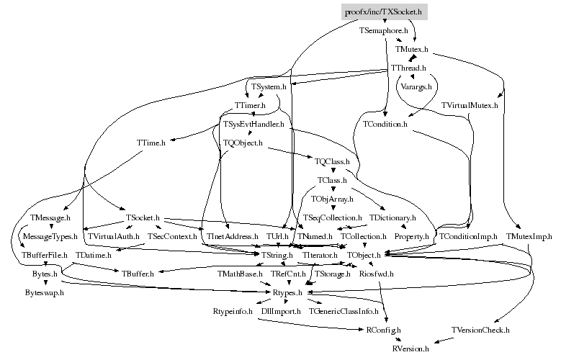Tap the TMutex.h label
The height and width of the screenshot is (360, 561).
(x=412, y=50)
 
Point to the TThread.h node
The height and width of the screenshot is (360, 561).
(x=408, y=68)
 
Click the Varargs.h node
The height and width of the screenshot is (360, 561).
(x=416, y=86)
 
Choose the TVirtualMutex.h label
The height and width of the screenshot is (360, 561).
(x=470, y=105)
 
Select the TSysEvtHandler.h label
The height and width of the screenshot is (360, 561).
(x=253, y=124)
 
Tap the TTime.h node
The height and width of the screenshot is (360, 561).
(x=151, y=143)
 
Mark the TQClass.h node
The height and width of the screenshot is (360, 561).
(x=332, y=161)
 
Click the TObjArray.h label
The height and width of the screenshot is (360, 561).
(x=332, y=199)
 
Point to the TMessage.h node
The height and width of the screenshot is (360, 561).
(x=51, y=217)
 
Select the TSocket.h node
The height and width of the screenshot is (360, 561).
(x=142, y=217)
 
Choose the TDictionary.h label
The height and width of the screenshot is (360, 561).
(x=392, y=217)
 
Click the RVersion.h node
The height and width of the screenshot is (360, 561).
(x=410, y=348)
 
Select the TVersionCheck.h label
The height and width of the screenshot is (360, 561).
(x=480, y=330)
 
